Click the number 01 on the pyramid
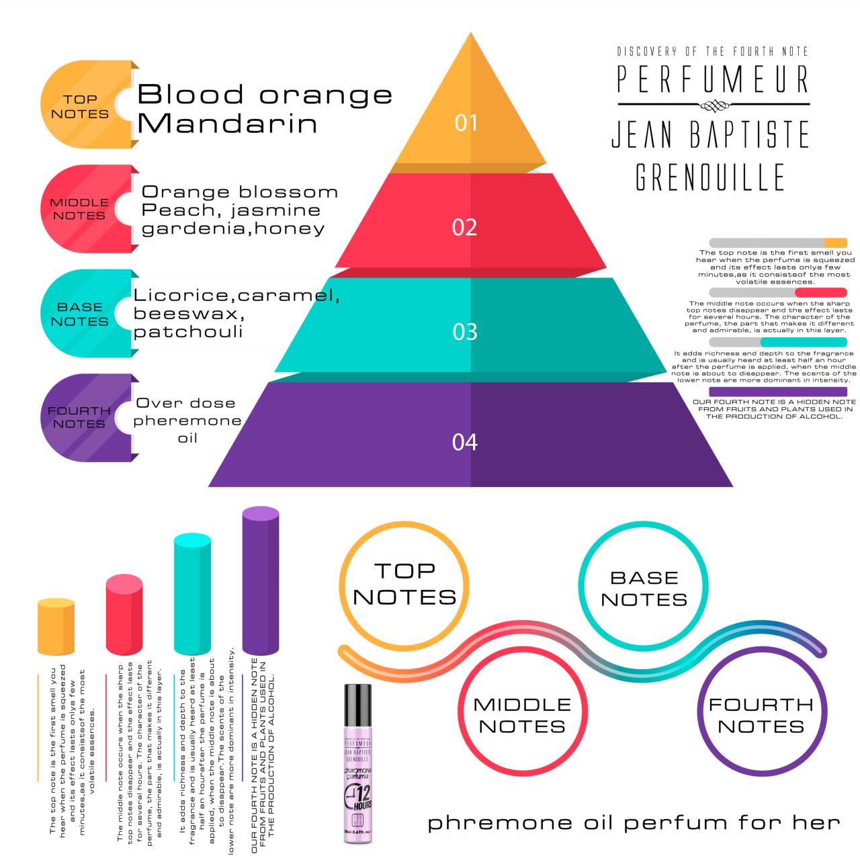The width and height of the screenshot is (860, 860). coord(466,122)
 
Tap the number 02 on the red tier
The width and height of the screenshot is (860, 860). coord(464,227)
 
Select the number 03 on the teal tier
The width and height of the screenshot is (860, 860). coord(465,331)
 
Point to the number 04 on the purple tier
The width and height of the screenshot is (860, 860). coord(465,441)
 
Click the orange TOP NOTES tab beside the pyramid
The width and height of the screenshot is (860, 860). coord(79,106)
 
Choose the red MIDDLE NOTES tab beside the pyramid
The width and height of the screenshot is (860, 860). coord(79,209)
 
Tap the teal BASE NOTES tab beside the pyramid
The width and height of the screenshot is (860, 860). coord(79,314)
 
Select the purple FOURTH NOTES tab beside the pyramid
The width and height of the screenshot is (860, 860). coord(79,417)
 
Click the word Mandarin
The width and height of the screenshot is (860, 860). coord(228,124)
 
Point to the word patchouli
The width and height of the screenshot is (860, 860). coord(188,332)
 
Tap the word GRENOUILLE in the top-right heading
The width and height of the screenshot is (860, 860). coord(710,177)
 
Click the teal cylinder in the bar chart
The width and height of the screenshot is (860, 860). coord(192,594)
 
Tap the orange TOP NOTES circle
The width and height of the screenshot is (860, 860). coord(404,583)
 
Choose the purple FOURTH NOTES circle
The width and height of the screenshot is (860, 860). coord(761,715)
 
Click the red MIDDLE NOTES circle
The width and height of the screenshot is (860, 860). coord(522,715)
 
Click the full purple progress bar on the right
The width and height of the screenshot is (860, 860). coord(778,392)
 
